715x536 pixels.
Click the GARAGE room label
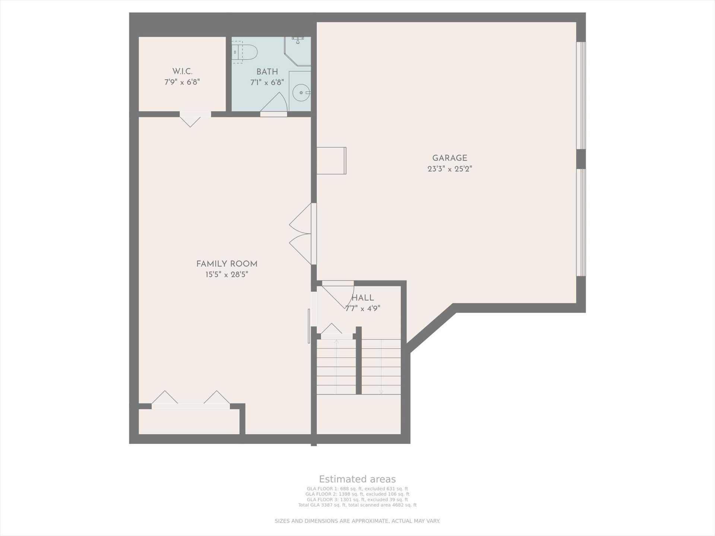449,158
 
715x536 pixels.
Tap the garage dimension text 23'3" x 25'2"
449,169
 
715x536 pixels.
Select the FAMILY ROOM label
227,264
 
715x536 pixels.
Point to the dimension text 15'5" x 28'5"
227,275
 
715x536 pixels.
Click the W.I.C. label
182,71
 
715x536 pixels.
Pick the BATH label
267,72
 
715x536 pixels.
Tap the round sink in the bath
301,93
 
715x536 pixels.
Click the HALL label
363,298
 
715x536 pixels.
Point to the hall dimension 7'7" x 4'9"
363,309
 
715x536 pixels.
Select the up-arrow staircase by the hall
336,367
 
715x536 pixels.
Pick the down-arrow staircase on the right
381,367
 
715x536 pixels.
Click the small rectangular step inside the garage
331,161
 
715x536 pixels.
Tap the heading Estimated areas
357,479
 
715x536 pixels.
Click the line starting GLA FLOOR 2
357,494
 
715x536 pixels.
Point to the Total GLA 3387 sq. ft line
357,505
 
